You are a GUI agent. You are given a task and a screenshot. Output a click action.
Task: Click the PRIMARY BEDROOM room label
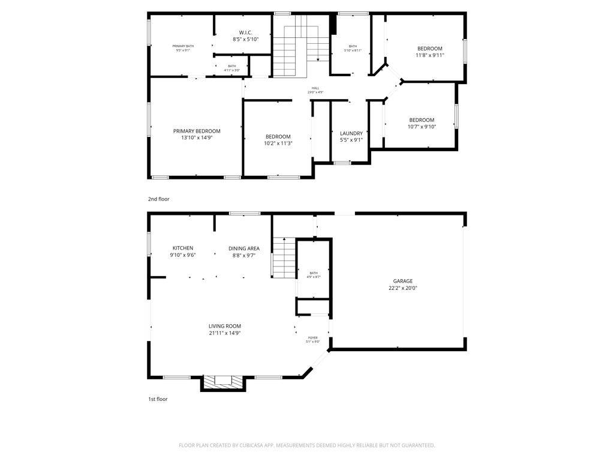pos(197,131)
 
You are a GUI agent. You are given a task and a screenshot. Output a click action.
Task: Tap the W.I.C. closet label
pos(245,32)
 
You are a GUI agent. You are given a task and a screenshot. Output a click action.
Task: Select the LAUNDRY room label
pos(351,133)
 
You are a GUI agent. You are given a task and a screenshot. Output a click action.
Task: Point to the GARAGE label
pos(402,281)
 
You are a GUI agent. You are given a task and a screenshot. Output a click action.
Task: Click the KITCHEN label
pos(183,248)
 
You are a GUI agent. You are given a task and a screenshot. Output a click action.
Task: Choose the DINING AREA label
pos(244,248)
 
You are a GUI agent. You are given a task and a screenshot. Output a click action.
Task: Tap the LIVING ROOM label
pos(225,326)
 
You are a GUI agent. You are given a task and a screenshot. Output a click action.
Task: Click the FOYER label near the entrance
pos(313,337)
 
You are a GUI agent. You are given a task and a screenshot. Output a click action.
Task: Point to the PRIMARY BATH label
pos(183,46)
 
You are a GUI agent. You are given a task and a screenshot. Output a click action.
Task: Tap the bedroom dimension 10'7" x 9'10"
pos(422,127)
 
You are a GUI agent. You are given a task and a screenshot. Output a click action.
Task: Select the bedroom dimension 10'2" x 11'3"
pos(278,143)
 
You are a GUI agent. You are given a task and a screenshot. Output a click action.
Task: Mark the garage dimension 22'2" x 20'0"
pos(402,288)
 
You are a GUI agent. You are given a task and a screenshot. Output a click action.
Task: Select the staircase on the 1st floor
pos(284,257)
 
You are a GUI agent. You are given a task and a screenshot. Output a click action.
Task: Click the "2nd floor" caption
pos(159,199)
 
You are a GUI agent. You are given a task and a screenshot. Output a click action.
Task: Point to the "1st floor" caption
pos(158,399)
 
